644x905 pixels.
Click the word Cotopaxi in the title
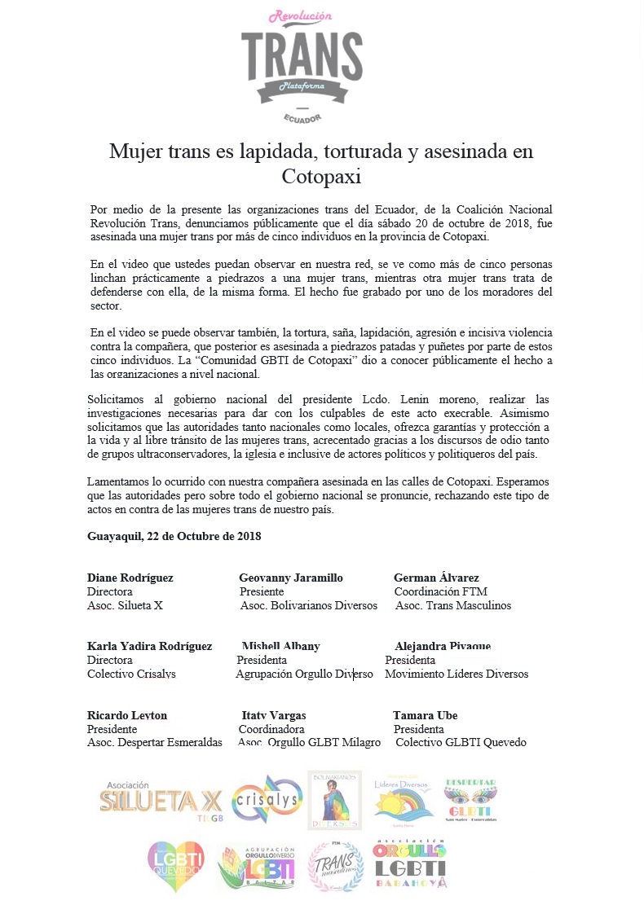coord(322,176)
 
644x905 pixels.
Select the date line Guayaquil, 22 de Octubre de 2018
coord(174,536)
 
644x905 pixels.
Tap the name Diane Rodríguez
coord(130,578)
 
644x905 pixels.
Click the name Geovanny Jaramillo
coord(291,578)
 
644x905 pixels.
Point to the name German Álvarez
coord(436,578)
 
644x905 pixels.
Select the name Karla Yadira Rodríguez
coord(149,646)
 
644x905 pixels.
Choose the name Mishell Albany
coord(280,646)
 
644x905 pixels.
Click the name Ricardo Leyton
coord(127,715)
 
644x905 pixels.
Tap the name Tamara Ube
coord(425,715)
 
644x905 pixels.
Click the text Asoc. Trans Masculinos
coord(453,605)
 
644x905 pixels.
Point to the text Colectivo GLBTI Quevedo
coord(461,742)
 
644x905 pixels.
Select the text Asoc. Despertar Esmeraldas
coord(155,742)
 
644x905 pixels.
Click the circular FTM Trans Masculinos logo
coord(337,866)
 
